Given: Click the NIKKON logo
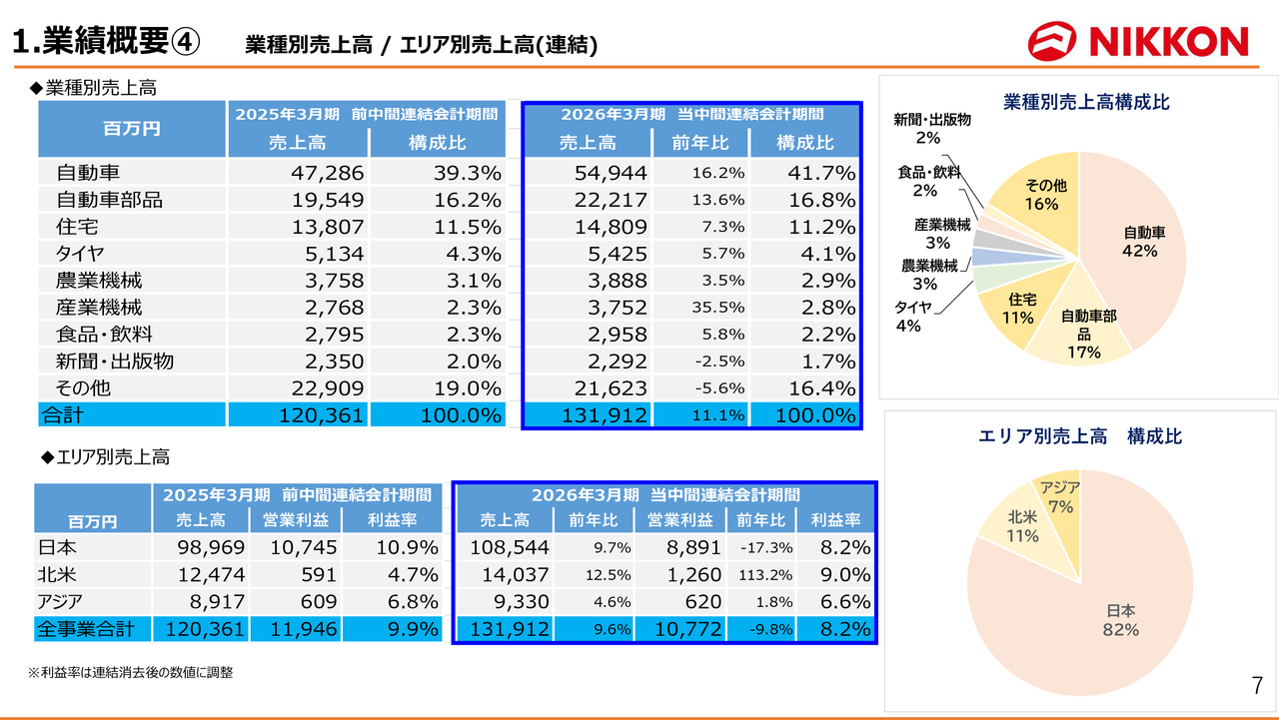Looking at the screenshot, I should point(1138,41).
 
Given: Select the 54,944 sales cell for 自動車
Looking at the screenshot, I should point(611,173).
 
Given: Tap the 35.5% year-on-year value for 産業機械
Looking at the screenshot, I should point(717,308).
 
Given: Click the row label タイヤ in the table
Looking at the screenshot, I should point(81,254).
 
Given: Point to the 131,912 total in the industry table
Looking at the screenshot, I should point(611,415).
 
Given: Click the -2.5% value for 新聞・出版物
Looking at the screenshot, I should point(717,361).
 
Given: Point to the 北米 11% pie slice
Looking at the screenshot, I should point(1019,527).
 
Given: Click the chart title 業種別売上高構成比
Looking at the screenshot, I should point(1086,102).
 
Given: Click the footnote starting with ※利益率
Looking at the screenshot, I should point(130,673).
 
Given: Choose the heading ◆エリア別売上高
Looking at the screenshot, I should point(105,457).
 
